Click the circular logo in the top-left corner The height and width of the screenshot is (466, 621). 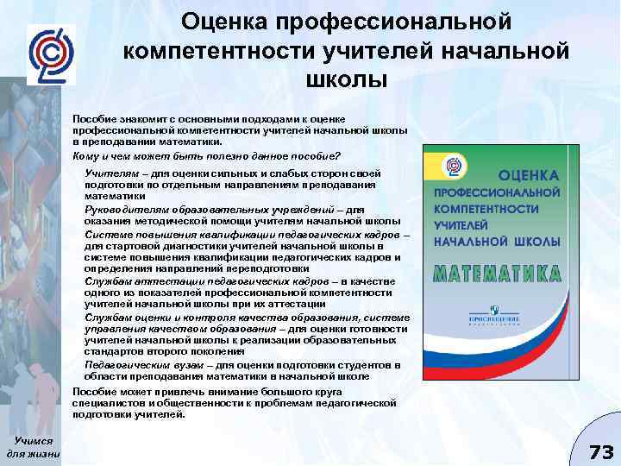[x=51, y=54]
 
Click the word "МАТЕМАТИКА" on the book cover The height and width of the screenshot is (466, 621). [x=498, y=274]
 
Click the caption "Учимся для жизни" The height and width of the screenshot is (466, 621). [x=34, y=447]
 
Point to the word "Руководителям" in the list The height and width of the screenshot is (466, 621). [x=119, y=208]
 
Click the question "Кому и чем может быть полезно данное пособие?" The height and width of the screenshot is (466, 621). [x=206, y=156]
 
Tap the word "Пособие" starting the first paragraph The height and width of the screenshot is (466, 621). [x=92, y=117]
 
